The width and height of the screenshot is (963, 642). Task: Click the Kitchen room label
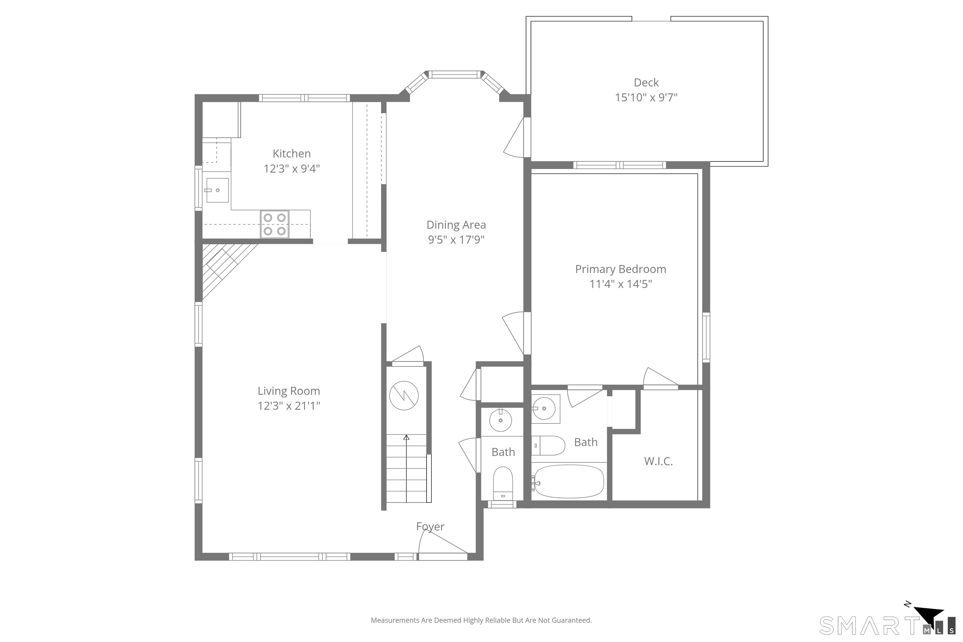tap(292, 154)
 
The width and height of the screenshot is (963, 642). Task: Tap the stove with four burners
tap(274, 224)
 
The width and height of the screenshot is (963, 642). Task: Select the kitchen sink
tap(217, 190)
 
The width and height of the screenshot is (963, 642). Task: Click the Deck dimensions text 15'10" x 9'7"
tap(646, 97)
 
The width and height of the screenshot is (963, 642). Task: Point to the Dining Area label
tap(456, 225)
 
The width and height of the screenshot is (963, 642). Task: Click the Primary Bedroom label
tap(620, 269)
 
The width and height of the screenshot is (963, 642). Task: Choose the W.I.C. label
tap(658, 461)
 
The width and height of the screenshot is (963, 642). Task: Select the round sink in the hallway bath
tap(500, 420)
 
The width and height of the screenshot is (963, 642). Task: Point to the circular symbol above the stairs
tap(404, 396)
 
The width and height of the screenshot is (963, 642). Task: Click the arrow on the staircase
tap(406, 438)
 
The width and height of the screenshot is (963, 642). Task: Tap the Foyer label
tap(430, 526)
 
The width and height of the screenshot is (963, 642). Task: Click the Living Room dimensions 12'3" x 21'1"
tap(289, 406)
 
